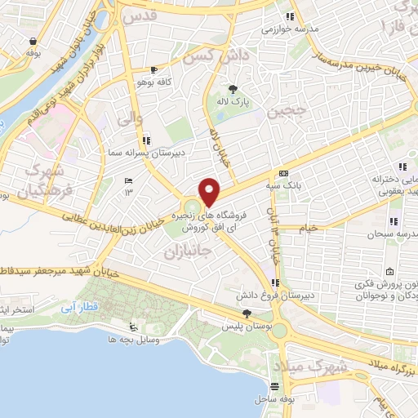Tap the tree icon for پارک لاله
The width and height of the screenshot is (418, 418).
coord(233,89)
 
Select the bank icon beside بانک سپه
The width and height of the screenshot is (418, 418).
coord(283,173)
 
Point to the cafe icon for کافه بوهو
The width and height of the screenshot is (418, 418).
coord(154,70)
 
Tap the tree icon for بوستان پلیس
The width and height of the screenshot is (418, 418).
coord(247,313)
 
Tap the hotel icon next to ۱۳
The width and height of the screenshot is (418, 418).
coord(127,180)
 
